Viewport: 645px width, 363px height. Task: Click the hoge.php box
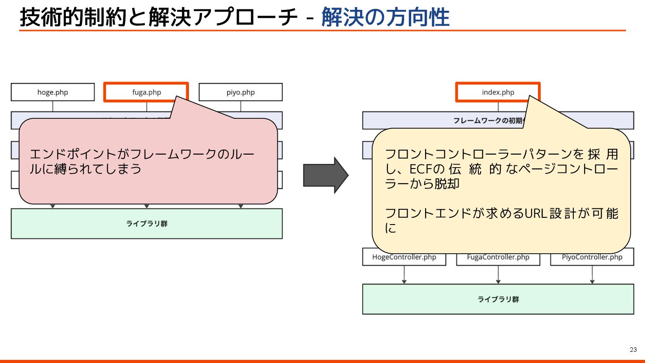(x=53, y=92)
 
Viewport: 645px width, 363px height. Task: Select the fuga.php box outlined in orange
(x=146, y=92)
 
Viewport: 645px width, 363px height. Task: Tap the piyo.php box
(x=241, y=92)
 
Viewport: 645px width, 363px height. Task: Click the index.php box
(x=498, y=92)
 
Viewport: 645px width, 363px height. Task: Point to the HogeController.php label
(x=404, y=257)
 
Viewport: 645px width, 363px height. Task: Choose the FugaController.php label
(x=498, y=257)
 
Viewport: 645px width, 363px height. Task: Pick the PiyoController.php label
(x=592, y=257)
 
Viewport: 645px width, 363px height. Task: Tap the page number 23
(x=633, y=350)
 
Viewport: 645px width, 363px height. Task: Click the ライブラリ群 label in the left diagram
(x=147, y=224)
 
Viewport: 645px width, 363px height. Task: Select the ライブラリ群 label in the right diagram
(x=498, y=299)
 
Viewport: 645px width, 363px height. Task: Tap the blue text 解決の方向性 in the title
(x=385, y=18)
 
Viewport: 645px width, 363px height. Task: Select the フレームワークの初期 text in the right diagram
(x=486, y=121)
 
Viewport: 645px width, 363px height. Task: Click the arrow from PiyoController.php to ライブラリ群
(x=592, y=275)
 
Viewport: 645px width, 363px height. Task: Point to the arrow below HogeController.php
(x=404, y=275)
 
